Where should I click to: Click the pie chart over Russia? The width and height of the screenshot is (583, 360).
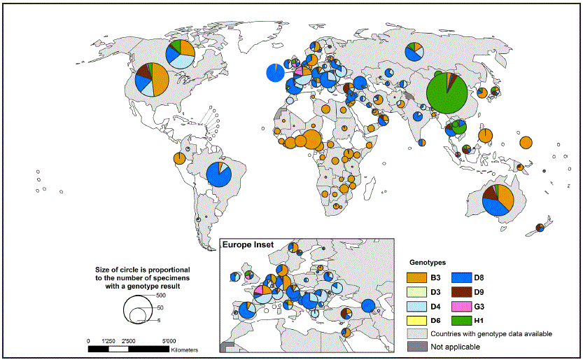[x=415, y=50]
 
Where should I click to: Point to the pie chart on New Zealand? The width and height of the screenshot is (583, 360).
[x=540, y=227]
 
